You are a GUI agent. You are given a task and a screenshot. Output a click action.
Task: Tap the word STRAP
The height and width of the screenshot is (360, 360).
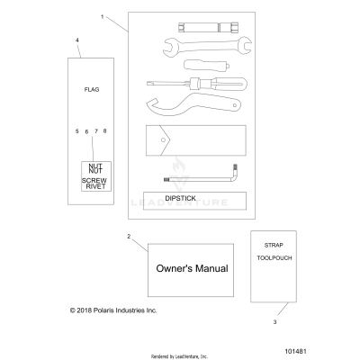tap(274, 245)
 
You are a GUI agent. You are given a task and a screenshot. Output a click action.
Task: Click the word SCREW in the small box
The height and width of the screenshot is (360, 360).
tap(94, 180)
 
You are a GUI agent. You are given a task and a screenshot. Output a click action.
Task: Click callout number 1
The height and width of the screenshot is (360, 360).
tap(102, 17)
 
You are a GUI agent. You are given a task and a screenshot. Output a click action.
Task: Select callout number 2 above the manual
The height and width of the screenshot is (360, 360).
tap(129, 237)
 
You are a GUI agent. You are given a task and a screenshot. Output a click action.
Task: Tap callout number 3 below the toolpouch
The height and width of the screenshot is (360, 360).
tap(274, 319)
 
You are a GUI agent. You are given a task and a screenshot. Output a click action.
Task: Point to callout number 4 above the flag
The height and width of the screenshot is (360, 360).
tap(77, 41)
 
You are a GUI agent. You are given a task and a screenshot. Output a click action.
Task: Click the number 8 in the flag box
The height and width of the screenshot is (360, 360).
tap(105, 131)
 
